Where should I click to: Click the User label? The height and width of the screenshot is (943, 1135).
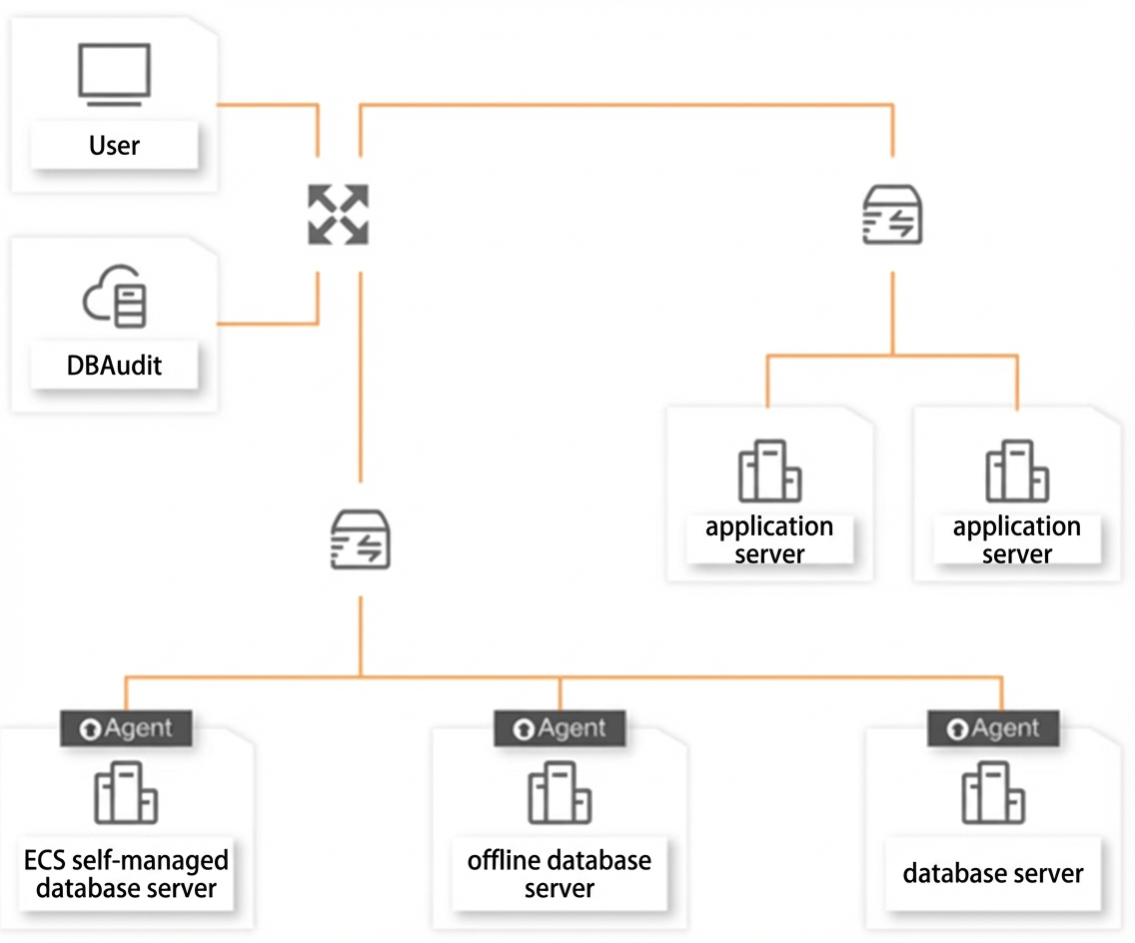pos(114,146)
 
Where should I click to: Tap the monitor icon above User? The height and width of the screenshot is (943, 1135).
pos(114,75)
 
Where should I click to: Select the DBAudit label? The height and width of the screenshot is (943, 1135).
pos(114,366)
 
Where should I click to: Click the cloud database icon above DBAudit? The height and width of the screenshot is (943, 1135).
pos(115,296)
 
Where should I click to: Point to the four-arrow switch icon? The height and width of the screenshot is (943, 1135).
pos(338,214)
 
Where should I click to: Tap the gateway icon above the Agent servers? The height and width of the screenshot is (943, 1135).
pos(361,539)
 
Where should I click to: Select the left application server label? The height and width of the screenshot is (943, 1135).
pos(769,539)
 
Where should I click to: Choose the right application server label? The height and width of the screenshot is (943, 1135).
pos(1017,539)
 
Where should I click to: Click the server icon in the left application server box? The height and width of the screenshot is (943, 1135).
pos(769,471)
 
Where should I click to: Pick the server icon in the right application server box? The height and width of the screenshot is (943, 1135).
pos(1017,471)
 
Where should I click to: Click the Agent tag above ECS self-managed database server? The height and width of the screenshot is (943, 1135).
pos(126,728)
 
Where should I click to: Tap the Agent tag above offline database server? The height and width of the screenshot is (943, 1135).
pos(560,728)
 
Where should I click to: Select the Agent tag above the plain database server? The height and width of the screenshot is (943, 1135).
pos(993,728)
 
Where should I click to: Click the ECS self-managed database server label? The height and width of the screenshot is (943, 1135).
pos(126,874)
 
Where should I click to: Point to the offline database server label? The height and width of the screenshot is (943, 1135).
pos(560,874)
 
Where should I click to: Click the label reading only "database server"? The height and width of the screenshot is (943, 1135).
pos(993,873)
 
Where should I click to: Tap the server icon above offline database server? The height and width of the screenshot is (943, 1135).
pos(560,792)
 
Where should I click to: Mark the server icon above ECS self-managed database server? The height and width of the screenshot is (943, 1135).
pos(126,792)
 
